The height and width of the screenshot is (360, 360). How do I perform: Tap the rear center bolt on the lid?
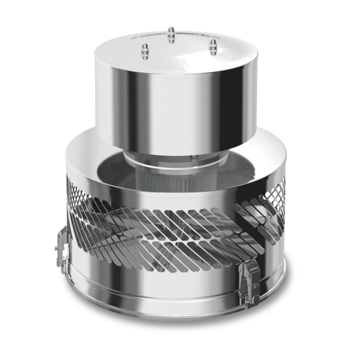(x=171, y=35)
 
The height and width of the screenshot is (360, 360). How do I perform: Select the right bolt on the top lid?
(x=213, y=47)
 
